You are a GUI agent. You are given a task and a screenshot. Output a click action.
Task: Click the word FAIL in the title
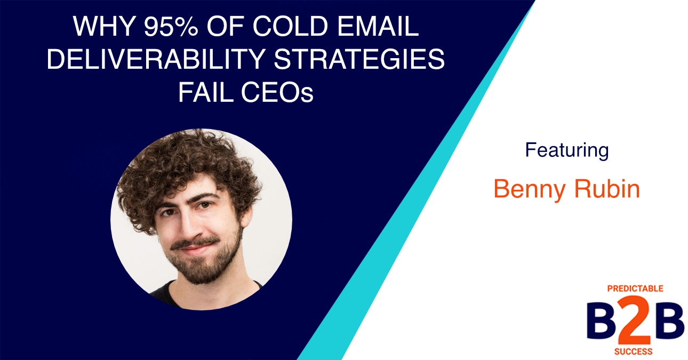coord(201,94)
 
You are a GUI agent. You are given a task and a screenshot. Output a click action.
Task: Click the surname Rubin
coord(610,189)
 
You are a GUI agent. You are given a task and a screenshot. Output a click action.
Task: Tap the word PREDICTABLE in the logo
coord(635,289)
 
